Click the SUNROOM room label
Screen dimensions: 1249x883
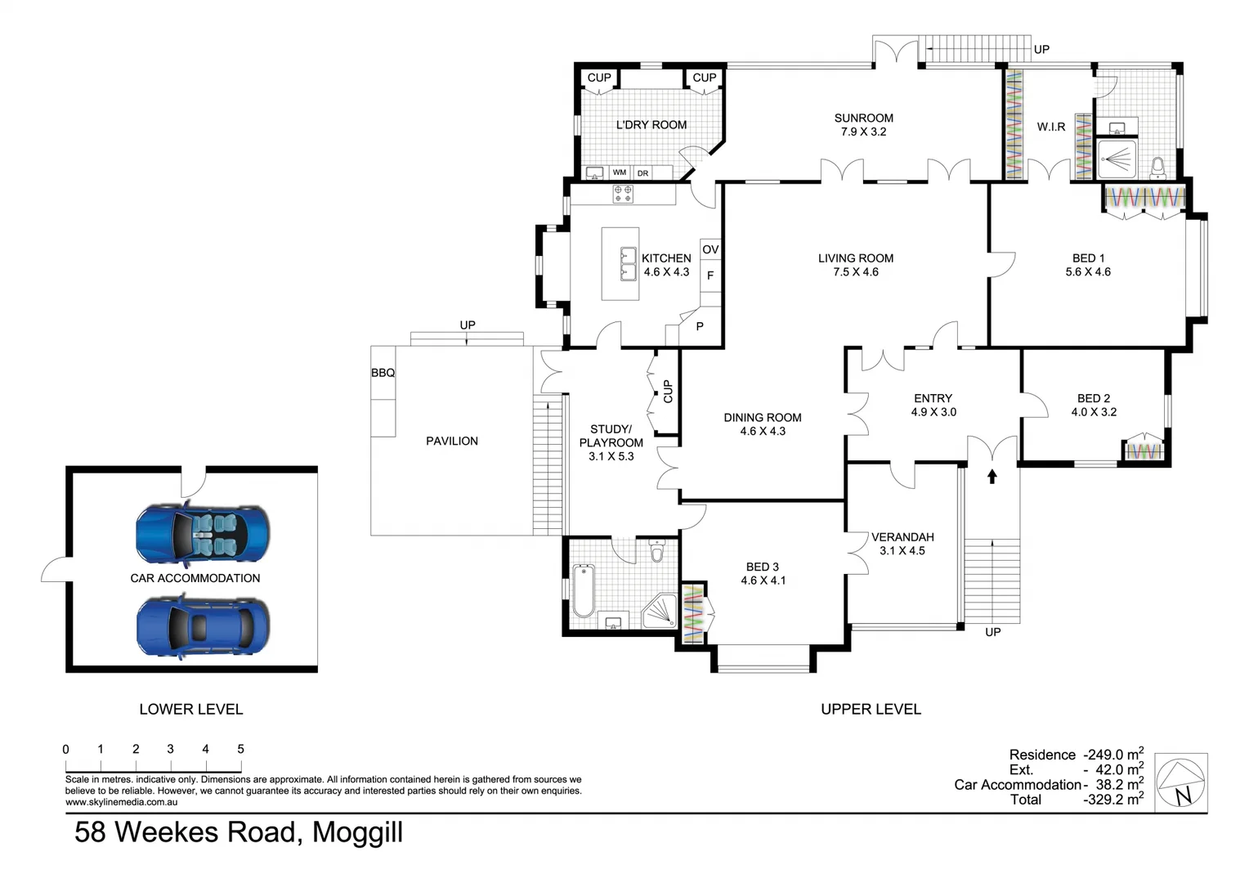coord(864,119)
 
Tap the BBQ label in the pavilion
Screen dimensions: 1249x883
coord(383,373)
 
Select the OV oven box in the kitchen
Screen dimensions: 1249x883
coord(710,249)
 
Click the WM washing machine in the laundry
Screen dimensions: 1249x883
coord(620,173)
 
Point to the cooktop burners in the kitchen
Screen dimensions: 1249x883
coord(623,194)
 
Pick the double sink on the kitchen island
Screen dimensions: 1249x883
coord(629,264)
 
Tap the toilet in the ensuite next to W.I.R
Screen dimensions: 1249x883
coord(1158,168)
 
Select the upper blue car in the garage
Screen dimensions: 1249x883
coord(203,532)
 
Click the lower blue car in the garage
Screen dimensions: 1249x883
coord(203,626)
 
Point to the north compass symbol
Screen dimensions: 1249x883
coord(1181,782)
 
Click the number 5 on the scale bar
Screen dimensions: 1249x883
coord(241,749)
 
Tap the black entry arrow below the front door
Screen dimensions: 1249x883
coord(992,477)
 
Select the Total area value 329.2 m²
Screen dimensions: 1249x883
coord(1113,800)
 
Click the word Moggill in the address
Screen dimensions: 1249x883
coord(357,833)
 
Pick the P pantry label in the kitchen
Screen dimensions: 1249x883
coord(700,326)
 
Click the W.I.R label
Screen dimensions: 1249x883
coord(1051,128)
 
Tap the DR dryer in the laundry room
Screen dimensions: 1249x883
coord(643,173)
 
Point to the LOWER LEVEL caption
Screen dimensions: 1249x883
coord(191,710)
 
